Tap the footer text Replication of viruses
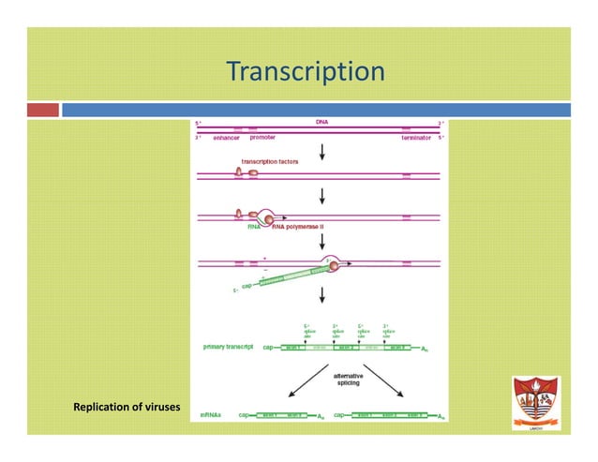tap(127, 407)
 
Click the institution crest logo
tap(535, 402)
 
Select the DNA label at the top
tap(321, 122)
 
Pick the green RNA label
tap(253, 227)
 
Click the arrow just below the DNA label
tap(322, 151)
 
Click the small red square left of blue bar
tap(43, 110)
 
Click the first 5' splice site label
tap(306, 331)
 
